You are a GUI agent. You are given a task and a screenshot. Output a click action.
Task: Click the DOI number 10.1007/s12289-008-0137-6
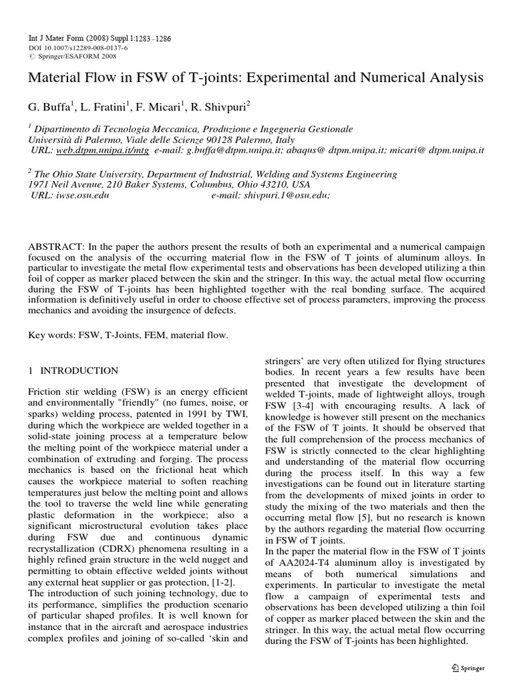click(77, 49)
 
